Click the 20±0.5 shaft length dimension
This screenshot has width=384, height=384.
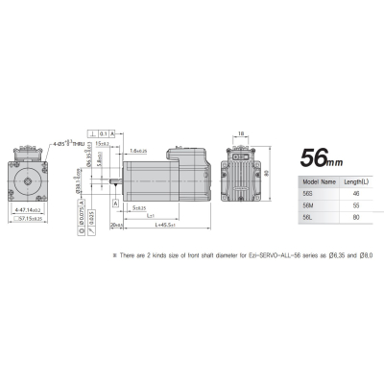point(117,225)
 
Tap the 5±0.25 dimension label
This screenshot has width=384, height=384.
point(138,207)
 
